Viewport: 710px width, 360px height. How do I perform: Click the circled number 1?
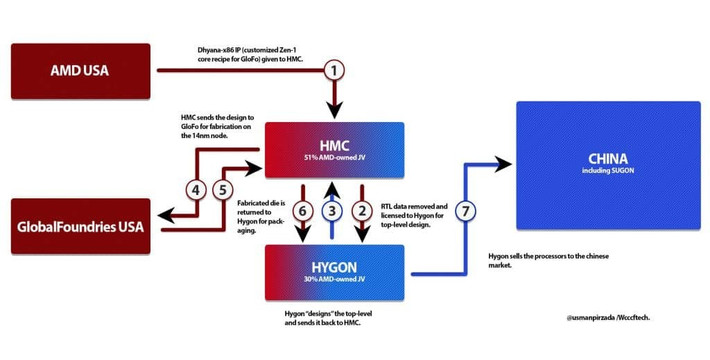336,70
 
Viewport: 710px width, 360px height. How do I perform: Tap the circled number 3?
334,211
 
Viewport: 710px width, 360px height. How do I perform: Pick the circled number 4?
197,188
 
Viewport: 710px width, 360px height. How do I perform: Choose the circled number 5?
224,188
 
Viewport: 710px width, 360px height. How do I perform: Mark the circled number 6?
304,211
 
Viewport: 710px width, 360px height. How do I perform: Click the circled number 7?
464,211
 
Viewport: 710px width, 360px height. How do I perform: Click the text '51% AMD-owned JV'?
333,158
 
